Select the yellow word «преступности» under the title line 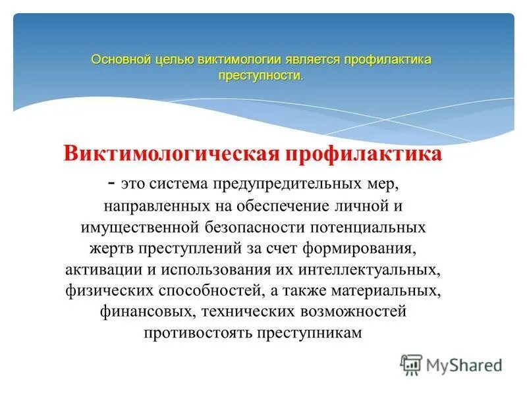tap(260, 76)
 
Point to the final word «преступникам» tap(315, 333)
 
